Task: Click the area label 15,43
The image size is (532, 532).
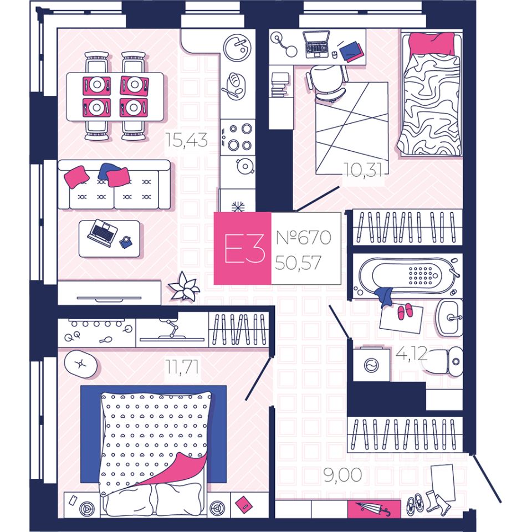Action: [186, 141]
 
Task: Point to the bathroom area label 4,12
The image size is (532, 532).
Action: [411, 353]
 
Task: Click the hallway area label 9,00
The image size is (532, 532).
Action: [344, 474]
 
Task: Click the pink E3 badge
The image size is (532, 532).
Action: [242, 249]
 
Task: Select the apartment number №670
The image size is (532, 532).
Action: [303, 238]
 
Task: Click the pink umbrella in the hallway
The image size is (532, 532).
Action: [374, 508]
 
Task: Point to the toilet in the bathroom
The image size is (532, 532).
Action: [447, 361]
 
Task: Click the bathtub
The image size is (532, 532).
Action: [409, 274]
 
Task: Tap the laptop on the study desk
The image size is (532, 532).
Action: [317, 44]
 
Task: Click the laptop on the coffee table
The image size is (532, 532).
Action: [102, 232]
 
